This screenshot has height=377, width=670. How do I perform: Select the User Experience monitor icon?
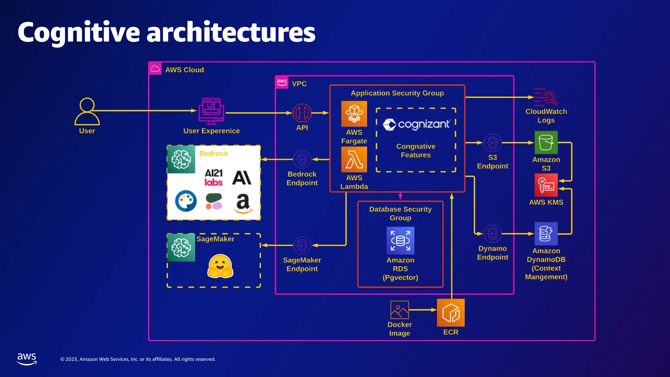[211, 111]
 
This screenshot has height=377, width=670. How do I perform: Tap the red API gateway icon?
[302, 113]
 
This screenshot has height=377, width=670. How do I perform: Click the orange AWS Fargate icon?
[354, 114]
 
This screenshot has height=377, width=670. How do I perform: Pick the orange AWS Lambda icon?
[354, 159]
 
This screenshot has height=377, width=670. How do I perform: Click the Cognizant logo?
[416, 124]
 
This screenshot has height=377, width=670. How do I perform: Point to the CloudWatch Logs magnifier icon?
[546, 97]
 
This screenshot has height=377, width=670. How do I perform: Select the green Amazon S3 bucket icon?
[546, 142]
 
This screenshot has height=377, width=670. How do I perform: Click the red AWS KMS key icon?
[546, 185]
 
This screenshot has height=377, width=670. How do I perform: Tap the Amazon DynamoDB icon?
[546, 234]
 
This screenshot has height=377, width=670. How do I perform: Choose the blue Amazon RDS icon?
[400, 241]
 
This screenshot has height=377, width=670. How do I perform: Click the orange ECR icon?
[451, 313]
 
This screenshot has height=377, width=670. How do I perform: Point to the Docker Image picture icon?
[399, 310]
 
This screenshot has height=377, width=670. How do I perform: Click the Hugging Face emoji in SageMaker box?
[220, 266]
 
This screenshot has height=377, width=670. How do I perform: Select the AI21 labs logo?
[214, 177]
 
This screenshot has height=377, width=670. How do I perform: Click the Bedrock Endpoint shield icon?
[302, 159]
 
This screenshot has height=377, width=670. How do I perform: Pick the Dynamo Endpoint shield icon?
[492, 234]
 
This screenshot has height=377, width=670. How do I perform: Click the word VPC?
[299, 84]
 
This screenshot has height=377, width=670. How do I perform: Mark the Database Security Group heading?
[400, 213]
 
